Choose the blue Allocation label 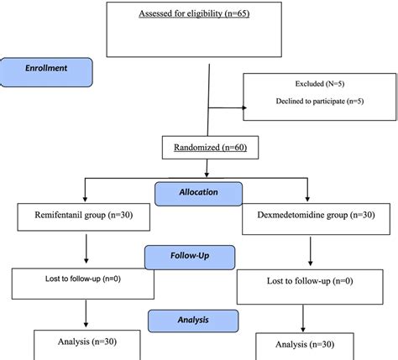coord(198,192)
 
